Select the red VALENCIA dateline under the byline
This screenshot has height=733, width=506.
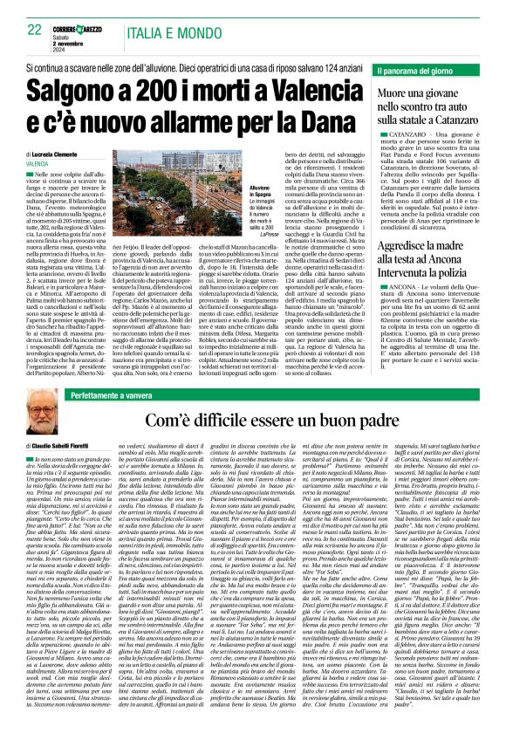click(x=38, y=163)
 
